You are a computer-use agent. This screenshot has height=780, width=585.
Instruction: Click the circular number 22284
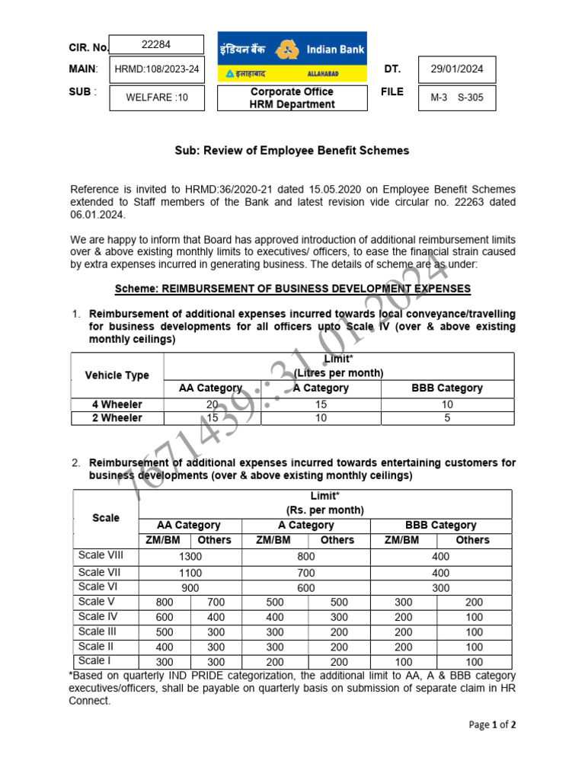pyautogui.click(x=157, y=44)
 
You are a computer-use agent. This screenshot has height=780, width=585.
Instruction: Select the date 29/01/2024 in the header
pyautogui.click(x=457, y=69)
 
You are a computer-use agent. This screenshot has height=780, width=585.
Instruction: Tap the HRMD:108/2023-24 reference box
pyautogui.click(x=157, y=69)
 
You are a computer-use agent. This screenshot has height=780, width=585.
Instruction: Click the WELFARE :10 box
pyautogui.click(x=157, y=97)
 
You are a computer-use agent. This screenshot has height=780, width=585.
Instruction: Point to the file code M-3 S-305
pyautogui.click(x=457, y=97)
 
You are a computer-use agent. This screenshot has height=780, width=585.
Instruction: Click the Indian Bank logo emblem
pyautogui.click(x=286, y=50)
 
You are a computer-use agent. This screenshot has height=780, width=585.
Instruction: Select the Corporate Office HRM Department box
pyautogui.click(x=292, y=97)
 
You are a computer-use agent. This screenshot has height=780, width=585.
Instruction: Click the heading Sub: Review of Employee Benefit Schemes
pyautogui.click(x=292, y=151)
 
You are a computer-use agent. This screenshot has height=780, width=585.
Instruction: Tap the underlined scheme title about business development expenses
pyautogui.click(x=292, y=289)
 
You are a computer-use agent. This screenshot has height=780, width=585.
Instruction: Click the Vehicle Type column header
pyautogui.click(x=117, y=375)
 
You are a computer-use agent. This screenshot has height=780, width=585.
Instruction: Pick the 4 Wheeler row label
pyautogui.click(x=117, y=404)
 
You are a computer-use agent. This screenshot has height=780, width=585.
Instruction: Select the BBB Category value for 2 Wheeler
pyautogui.click(x=447, y=418)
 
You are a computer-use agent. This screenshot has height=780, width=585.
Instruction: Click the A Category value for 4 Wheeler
pyautogui.click(x=321, y=404)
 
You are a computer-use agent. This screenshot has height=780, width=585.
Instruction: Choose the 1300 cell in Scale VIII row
pyautogui.click(x=190, y=557)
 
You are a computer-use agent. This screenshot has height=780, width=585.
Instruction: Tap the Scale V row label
pyautogui.click(x=94, y=601)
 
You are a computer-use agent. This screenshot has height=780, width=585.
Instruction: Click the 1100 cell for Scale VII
pyautogui.click(x=190, y=572)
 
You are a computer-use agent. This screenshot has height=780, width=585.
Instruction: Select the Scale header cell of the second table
pyautogui.click(x=106, y=518)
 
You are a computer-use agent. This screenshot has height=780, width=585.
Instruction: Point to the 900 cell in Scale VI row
pyautogui.click(x=190, y=587)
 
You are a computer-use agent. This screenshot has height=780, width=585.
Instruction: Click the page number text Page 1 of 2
pyautogui.click(x=492, y=725)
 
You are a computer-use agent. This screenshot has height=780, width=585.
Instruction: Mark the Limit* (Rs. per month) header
pyautogui.click(x=324, y=503)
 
